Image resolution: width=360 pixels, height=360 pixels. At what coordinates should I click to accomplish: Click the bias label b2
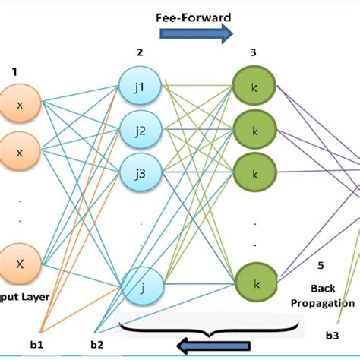point(98,346)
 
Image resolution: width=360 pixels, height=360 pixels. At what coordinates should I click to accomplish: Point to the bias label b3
point(332,334)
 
